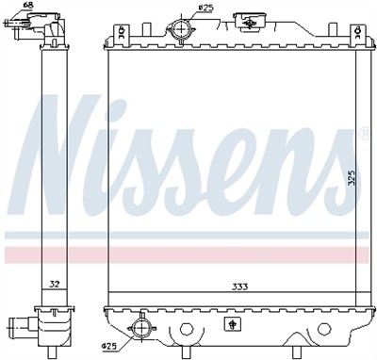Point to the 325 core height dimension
351,176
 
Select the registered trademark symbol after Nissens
363,135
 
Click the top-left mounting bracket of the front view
119,34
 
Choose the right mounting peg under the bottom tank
325,329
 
